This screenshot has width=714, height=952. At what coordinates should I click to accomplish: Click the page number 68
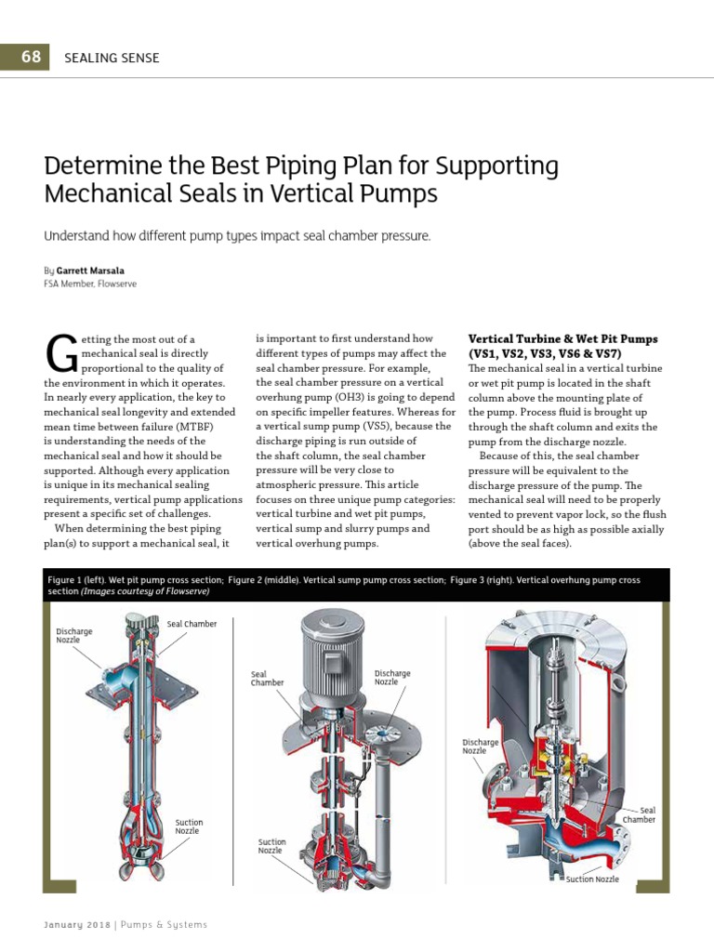click(31, 57)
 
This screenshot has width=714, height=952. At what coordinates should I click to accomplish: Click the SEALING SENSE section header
click(112, 58)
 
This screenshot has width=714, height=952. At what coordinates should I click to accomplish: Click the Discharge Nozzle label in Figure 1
click(74, 636)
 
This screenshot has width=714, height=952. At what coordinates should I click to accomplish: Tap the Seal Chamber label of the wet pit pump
click(191, 624)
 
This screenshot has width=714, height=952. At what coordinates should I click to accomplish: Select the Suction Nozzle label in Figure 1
click(189, 826)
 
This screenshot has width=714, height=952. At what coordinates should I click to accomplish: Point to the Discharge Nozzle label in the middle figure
click(392, 677)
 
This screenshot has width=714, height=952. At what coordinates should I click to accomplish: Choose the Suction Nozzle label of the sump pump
click(271, 846)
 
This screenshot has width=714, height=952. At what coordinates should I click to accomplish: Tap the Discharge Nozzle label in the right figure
click(481, 747)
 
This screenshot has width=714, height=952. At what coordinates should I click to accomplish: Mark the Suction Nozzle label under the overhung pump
click(592, 879)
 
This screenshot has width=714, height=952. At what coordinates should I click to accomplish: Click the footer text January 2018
click(78, 925)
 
